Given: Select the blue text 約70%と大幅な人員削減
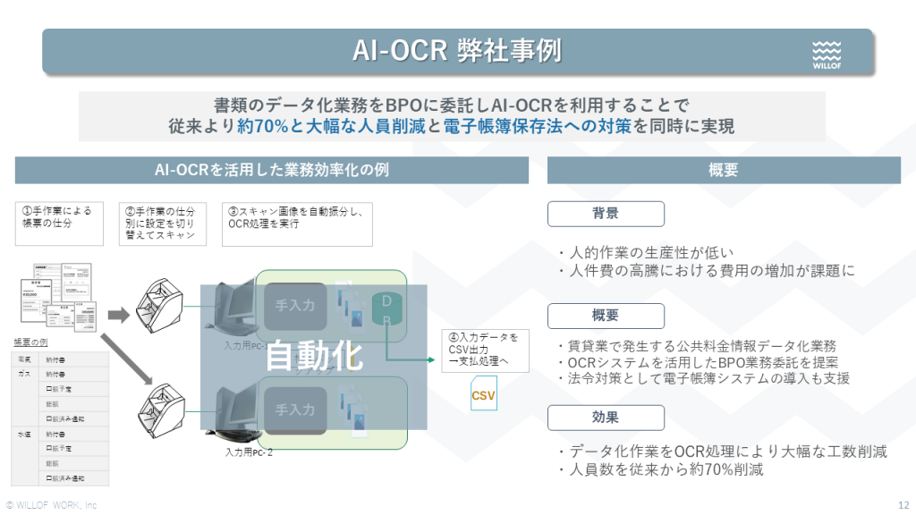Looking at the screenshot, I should (x=331, y=126).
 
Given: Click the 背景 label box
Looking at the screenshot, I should (x=606, y=214).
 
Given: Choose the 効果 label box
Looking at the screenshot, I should (x=606, y=418).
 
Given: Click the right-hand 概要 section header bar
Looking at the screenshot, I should (x=723, y=170).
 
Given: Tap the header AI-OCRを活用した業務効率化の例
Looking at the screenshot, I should (x=272, y=170).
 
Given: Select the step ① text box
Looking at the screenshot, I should (x=60, y=217).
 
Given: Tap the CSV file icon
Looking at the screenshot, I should (x=483, y=393).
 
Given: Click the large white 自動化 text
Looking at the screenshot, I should (x=315, y=356).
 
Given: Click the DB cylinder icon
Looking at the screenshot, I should (x=386, y=308).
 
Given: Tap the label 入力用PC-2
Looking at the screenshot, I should (x=250, y=452).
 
